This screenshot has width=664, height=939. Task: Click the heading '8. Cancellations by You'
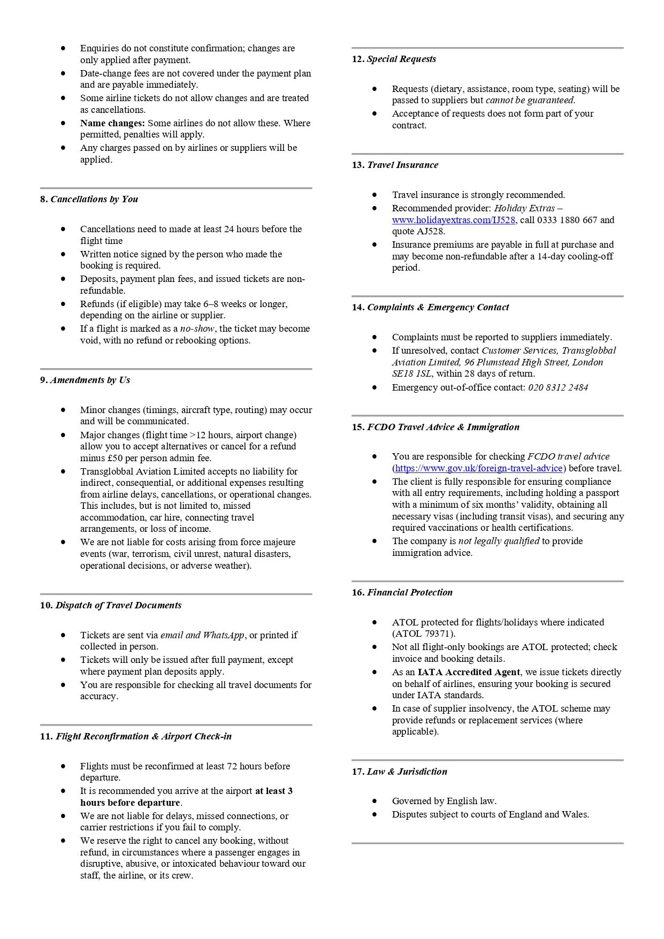(89, 199)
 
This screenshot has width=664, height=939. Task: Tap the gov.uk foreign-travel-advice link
(478, 468)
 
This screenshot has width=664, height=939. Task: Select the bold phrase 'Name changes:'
(112, 123)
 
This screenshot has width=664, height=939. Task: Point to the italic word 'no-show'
(197, 329)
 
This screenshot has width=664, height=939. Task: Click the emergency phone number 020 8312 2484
(558, 387)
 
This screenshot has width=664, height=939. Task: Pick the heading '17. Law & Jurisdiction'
(399, 772)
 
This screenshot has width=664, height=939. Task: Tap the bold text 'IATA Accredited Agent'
(469, 672)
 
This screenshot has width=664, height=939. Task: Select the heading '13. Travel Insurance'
(395, 165)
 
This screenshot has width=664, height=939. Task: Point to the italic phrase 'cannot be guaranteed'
(530, 100)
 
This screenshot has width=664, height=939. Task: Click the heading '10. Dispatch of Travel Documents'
(111, 605)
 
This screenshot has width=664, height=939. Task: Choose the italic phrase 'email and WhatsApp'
(202, 635)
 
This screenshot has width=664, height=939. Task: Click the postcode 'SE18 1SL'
(412, 373)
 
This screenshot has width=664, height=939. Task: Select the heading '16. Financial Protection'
(402, 592)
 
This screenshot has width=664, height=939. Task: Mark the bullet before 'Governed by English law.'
(375, 801)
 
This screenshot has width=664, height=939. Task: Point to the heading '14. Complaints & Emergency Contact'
(430, 307)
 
